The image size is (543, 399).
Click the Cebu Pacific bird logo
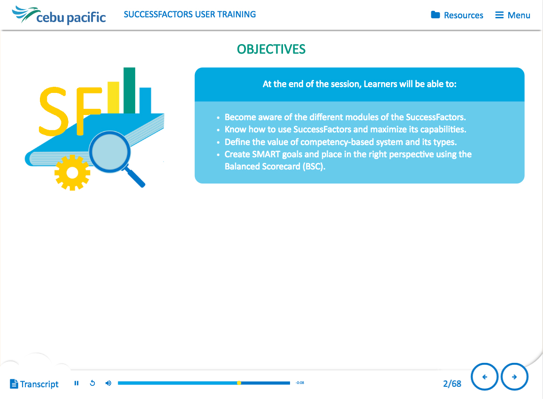(25, 14)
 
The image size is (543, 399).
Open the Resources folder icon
(436, 15)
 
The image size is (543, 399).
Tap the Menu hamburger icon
(499, 15)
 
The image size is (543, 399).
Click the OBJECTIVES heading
(271, 49)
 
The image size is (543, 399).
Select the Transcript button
(34, 384)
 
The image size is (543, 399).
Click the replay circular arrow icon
(92, 383)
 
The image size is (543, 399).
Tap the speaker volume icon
(108, 383)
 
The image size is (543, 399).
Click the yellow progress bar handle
(239, 383)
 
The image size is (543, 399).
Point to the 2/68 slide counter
(452, 384)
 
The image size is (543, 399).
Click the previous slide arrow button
(484, 377)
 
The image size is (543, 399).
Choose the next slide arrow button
(514, 377)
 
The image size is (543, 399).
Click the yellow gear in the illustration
(72, 172)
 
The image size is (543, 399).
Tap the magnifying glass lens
(109, 151)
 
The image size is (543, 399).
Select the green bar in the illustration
(129, 91)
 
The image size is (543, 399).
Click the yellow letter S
(53, 111)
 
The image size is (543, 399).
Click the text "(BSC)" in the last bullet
(314, 167)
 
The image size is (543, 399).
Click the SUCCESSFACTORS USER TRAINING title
(190, 14)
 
